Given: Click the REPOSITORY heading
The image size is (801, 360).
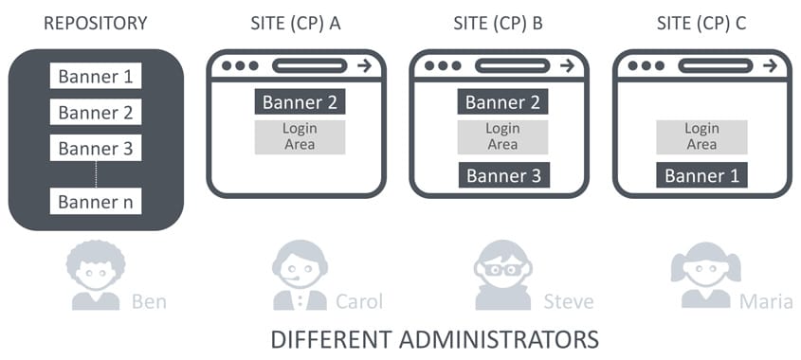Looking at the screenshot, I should pos(95,23).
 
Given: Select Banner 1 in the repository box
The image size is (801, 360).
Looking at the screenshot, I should pos(95,77).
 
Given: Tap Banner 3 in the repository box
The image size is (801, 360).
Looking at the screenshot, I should pos(95,149).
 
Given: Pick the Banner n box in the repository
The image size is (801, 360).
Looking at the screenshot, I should pos(95,201).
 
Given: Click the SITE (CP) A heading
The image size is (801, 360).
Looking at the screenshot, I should pos(296,23).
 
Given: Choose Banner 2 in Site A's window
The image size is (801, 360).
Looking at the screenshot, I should pos(300,101).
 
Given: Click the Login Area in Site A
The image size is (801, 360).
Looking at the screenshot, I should pos(300,136).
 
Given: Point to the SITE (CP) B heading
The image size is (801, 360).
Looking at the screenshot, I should pos(499,23).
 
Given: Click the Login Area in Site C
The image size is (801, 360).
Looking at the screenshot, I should pos(701,136).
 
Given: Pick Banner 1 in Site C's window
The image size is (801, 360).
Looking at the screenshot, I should pos(701,175).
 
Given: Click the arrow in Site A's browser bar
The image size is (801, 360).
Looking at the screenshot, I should pos(364,65).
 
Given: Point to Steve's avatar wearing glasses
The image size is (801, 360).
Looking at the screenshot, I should pos(502,276).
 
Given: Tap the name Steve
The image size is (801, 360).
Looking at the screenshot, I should pos(568,301).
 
